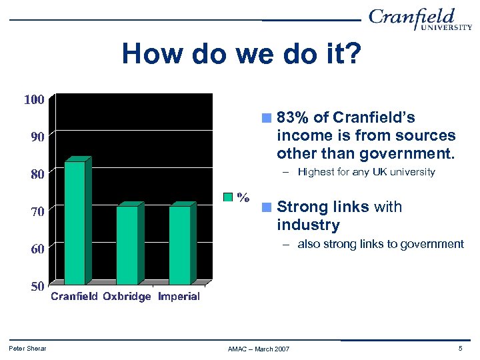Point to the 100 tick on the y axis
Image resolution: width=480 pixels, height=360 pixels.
pos(34,100)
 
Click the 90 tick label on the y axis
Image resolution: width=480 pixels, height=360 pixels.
pos(34,137)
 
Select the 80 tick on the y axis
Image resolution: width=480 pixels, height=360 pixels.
pos(34,175)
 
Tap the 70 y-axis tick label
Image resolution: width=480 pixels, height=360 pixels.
pos(34,212)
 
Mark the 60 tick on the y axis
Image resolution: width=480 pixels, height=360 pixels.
pos(34,249)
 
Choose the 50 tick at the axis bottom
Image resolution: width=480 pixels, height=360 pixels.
pos(34,287)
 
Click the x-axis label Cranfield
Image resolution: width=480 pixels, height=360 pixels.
pos(75,297)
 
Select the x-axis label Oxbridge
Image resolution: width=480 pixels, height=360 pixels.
pos(127,297)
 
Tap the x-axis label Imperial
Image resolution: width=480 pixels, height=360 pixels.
pos(179,297)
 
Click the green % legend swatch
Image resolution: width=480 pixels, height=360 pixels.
pos(228,197)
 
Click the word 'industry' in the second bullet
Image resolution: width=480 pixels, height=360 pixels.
pos(308,225)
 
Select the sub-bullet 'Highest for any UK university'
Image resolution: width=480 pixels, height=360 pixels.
pos(366,172)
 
